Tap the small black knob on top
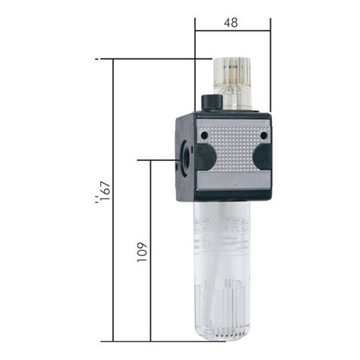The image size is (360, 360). coord(210,102)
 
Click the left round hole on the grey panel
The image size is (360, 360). coord(204,135)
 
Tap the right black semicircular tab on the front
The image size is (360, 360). coord(262,157)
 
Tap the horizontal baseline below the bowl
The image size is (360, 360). coord(155,341)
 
